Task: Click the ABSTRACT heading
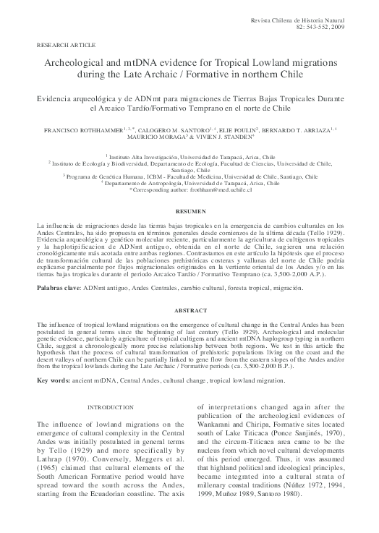point(189,310)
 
